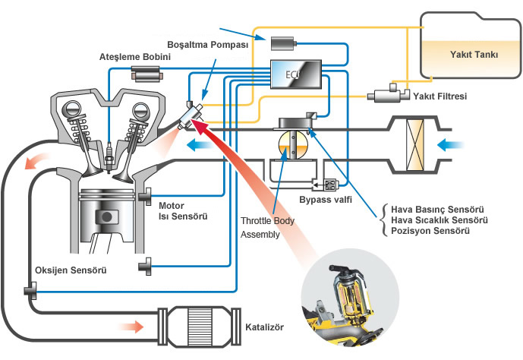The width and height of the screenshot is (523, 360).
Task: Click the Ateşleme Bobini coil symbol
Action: point(146,73)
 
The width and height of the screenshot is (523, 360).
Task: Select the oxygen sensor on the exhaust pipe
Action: point(31,289)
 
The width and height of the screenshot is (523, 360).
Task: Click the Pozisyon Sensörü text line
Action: point(427,229)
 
